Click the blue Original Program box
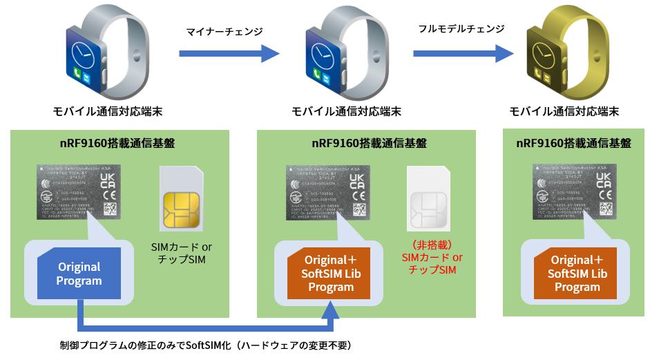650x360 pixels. coord(79,274)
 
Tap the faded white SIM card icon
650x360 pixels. coord(429,201)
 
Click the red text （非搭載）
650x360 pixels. coord(432,245)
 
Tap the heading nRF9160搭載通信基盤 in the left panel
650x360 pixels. coord(117,144)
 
